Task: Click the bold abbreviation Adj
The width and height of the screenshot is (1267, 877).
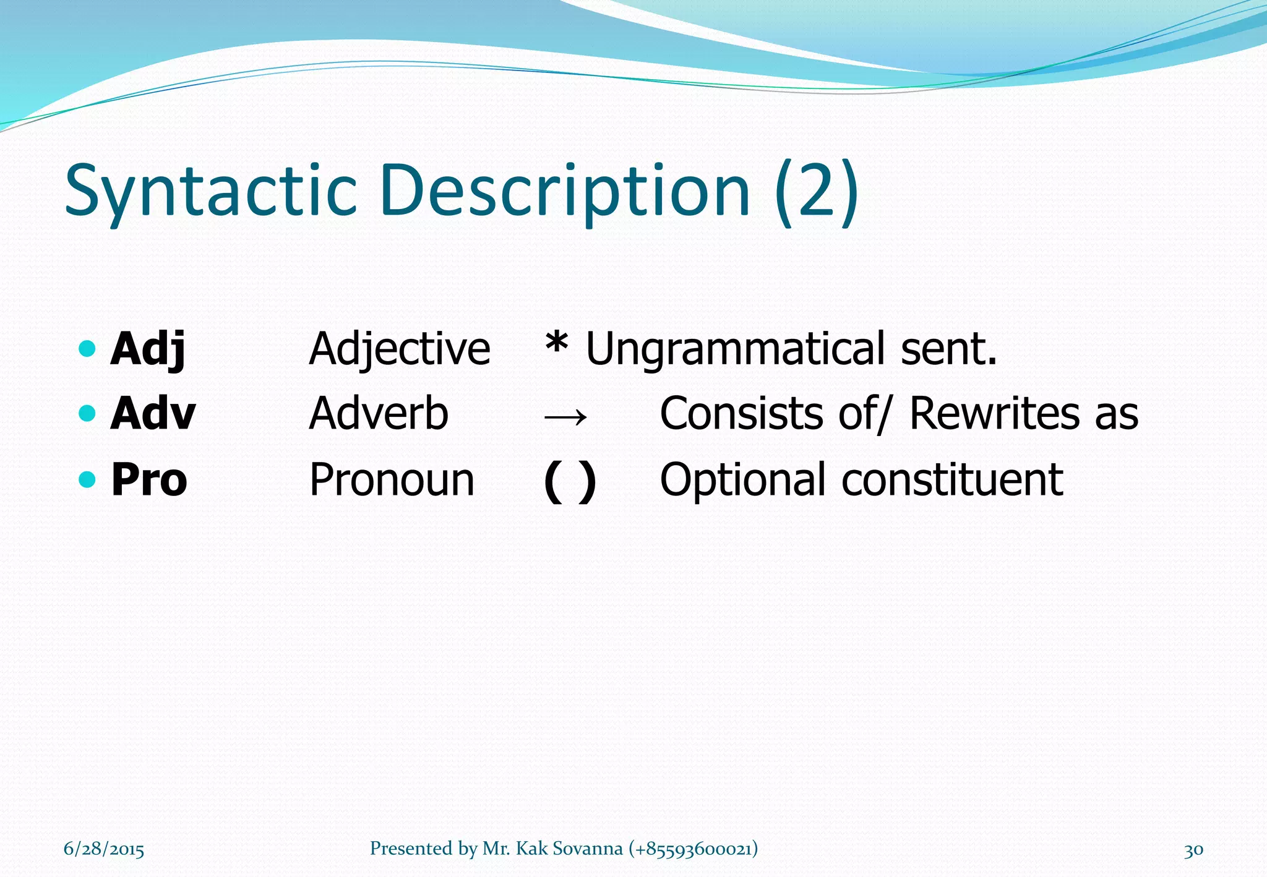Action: (x=148, y=349)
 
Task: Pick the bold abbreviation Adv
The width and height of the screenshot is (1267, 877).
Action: (x=153, y=414)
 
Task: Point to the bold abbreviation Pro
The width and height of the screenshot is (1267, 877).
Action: (x=148, y=480)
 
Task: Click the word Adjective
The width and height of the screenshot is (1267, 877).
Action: (x=400, y=349)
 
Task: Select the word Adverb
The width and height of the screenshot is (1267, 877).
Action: (x=379, y=414)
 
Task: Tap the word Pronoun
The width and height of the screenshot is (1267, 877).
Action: (x=392, y=480)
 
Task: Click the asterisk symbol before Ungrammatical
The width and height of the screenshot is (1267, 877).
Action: (x=557, y=342)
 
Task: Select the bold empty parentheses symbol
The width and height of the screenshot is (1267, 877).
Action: (x=570, y=481)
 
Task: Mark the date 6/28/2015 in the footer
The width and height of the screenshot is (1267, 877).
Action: (x=104, y=849)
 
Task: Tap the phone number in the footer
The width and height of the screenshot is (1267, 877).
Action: (x=693, y=849)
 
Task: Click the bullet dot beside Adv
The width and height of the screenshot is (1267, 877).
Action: (x=88, y=413)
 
